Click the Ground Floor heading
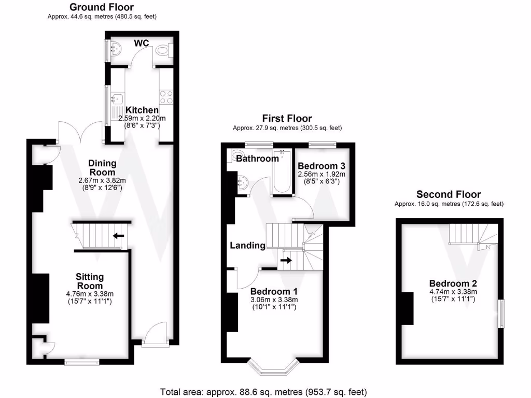click(x=101, y=7)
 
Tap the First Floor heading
click(x=287, y=119)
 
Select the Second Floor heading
click(x=449, y=195)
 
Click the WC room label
click(x=142, y=43)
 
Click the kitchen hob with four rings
click(x=166, y=97)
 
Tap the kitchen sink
click(x=116, y=98)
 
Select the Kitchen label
click(x=142, y=110)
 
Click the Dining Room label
click(x=102, y=167)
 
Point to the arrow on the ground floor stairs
click(x=119, y=236)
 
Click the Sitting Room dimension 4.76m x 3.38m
click(x=90, y=294)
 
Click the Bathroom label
click(x=257, y=159)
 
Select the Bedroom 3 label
click(x=322, y=166)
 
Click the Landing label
click(x=248, y=245)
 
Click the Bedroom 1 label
click(x=274, y=291)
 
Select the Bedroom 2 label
click(x=453, y=283)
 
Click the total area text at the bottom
click(x=264, y=391)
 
